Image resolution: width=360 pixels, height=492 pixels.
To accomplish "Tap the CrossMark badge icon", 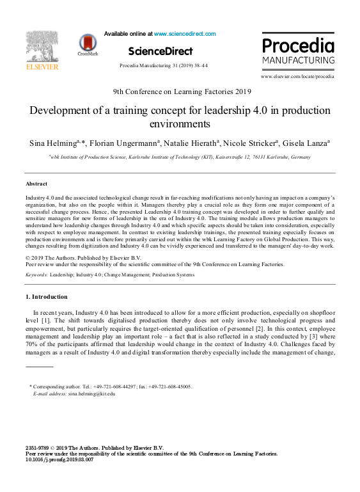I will click(x=88, y=44).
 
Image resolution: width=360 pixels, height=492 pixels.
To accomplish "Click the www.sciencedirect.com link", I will click(x=185, y=34).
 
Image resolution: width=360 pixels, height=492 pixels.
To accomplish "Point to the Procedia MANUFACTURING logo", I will click(x=297, y=52).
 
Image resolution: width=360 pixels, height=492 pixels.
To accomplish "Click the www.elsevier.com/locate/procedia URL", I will click(x=297, y=77).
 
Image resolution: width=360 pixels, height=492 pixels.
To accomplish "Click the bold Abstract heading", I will click(x=36, y=184).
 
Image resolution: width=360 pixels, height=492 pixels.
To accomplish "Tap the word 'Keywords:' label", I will click(x=38, y=274).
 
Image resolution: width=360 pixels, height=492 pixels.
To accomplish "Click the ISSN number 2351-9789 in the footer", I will click(x=36, y=448).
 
